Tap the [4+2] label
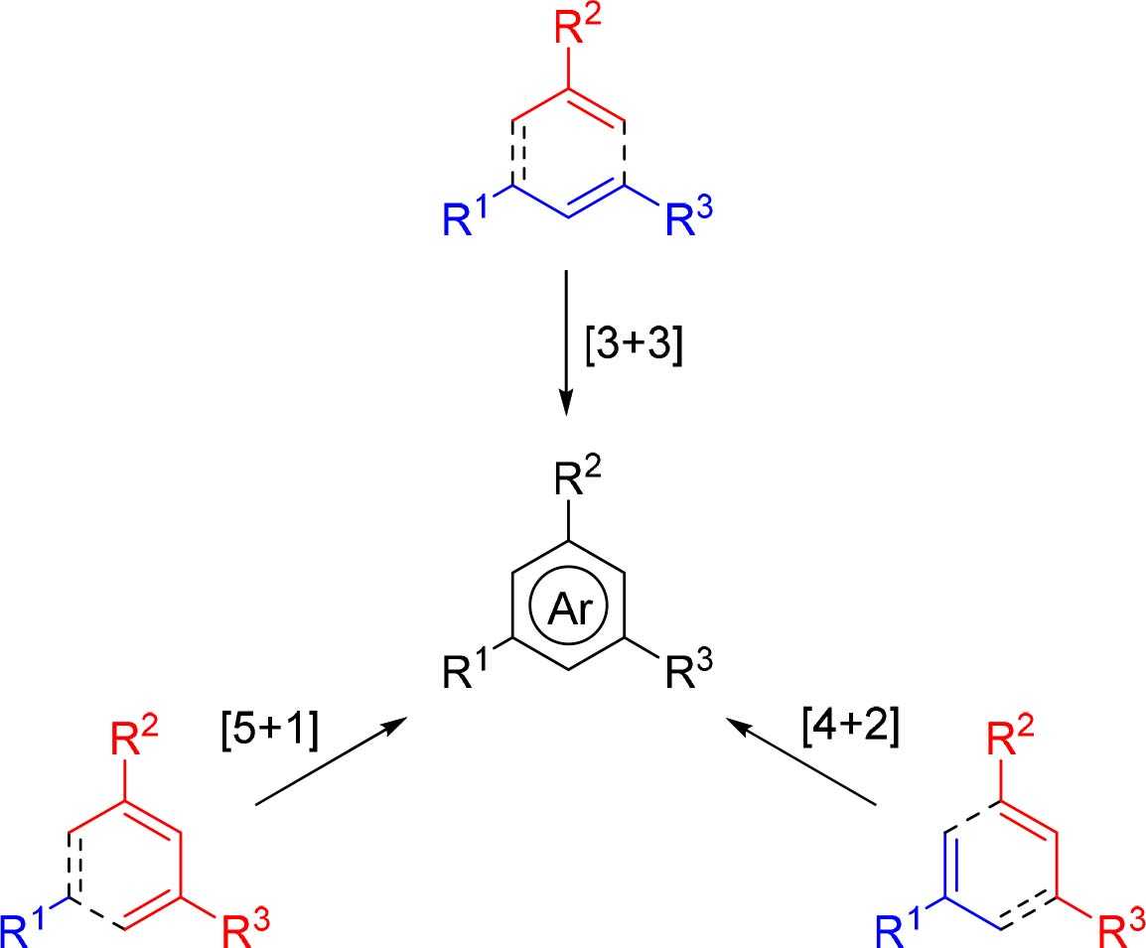pyautogui.click(x=850, y=728)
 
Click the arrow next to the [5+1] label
pyautogui.click(x=331, y=761)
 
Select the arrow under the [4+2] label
pyautogui.click(x=804, y=760)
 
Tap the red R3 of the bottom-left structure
pyautogui.click(x=242, y=930)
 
